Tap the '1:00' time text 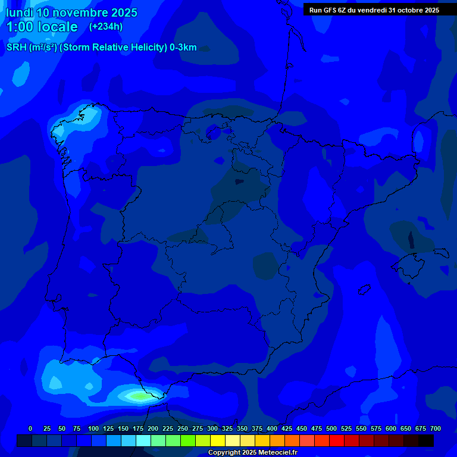(21, 27)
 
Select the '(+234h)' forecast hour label (105, 27)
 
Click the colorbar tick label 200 (153, 428)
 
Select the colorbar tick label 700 (436, 428)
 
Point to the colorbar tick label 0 (30, 428)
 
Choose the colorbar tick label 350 (242, 428)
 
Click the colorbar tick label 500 (331, 428)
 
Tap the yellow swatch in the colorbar (218, 441)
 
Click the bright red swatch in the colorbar (337, 441)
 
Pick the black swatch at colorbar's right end (426, 441)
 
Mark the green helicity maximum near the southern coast (138, 396)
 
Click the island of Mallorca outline (411, 260)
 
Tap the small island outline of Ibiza (364, 290)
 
